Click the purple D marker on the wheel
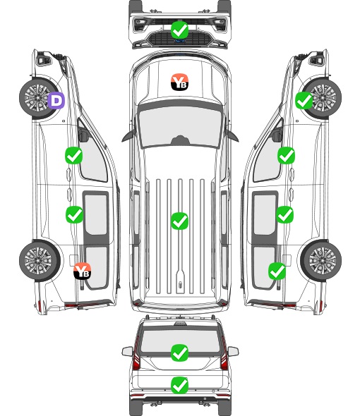pyautogui.click(x=56, y=101)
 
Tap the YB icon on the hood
pyautogui.click(x=179, y=82)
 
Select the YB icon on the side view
pyautogui.click(x=83, y=271)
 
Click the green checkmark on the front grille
pyautogui.click(x=179, y=30)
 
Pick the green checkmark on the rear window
pyautogui.click(x=179, y=353)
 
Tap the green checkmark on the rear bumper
pyautogui.click(x=179, y=385)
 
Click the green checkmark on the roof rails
pyautogui.click(x=179, y=221)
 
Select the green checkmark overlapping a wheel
pyautogui.click(x=304, y=101)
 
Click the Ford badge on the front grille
pyautogui.click(x=179, y=41)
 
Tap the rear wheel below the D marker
pyautogui.click(x=40, y=261)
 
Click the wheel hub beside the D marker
pyautogui.click(x=37, y=98)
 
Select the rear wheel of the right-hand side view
pyautogui.click(x=321, y=261)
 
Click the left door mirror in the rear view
pyautogui.click(x=127, y=351)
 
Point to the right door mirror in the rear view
pyautogui.click(x=233, y=351)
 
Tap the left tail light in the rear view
pyautogui.click(x=136, y=355)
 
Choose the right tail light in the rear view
pyautogui.click(x=224, y=355)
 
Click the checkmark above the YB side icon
pyautogui.click(x=74, y=214)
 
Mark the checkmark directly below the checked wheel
pyautogui.click(x=286, y=155)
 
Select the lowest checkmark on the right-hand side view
pyautogui.click(x=277, y=271)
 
